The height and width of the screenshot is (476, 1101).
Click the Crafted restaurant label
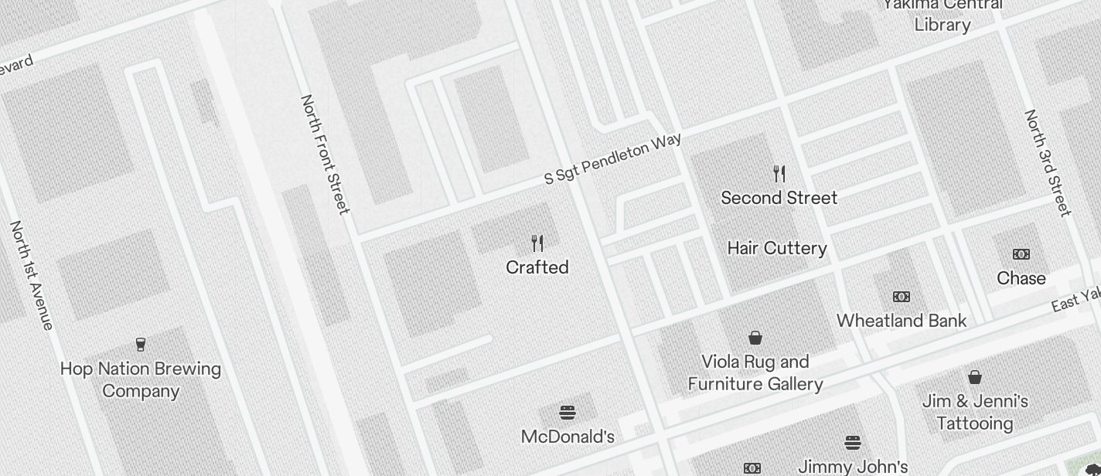pos(537,267)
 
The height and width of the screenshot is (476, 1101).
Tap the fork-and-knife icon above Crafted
pos(537,243)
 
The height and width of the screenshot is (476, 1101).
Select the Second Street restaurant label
pos(779,198)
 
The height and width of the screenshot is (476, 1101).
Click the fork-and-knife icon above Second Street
pos(779,174)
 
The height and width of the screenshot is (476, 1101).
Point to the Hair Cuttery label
pos(777,248)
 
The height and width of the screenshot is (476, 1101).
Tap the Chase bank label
pos(1021,278)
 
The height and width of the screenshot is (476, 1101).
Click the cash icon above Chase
pos(1021,254)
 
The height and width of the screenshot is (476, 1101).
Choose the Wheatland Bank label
pos(901,321)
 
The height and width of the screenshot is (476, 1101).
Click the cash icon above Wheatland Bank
pos(901,297)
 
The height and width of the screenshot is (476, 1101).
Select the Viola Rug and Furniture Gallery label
pos(755,372)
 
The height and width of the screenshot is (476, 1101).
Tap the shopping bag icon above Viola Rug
pos(755,338)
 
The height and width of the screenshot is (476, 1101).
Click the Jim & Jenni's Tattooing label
pos(975,412)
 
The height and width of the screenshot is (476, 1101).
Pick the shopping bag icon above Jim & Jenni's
pos(975,377)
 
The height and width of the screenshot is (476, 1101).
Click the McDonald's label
pos(568,437)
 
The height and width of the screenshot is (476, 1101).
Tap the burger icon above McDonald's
pos(568,413)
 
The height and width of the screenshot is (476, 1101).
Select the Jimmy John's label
pos(852,467)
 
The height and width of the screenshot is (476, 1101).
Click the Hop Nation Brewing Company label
pos(141,379)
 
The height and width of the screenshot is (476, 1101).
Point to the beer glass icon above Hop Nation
pos(141,345)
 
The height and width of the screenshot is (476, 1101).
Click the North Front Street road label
pos(325,154)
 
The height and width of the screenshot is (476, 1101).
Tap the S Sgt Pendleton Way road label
pos(613,158)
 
